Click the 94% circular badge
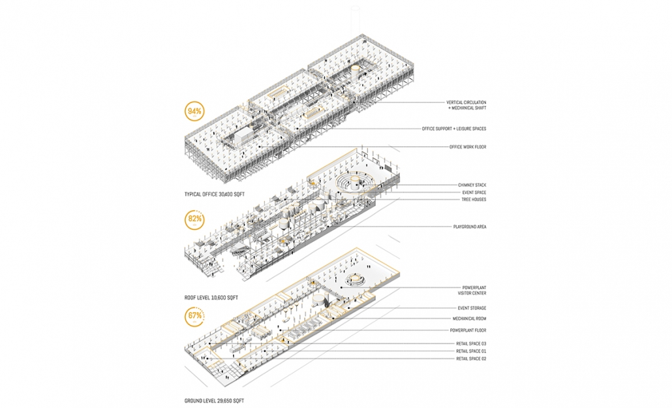coord(194,112)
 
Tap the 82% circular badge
coord(194,219)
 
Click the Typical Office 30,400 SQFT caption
coord(214,195)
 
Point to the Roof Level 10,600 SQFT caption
coord(211,297)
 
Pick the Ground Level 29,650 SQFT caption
coord(214,401)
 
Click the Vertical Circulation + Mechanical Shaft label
coord(466,105)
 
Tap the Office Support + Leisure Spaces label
coord(454,129)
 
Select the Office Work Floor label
coord(468,147)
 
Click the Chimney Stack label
coord(472,185)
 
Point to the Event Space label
coord(474,193)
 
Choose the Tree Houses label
coord(474,200)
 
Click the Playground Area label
coord(470,227)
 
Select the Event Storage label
coord(472,308)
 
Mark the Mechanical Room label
coord(469,319)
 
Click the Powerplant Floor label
coord(468,330)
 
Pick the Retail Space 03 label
coord(471,343)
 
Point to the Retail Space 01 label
coord(471,351)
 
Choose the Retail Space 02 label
coord(471,358)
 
